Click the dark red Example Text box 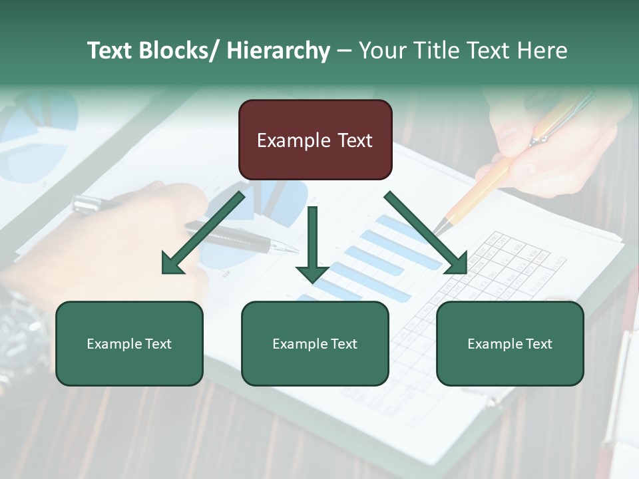pyautogui.click(x=315, y=140)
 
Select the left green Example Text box pyautogui.click(x=129, y=343)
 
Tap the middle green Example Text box pyautogui.click(x=315, y=343)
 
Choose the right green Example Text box pyautogui.click(x=510, y=343)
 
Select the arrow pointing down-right pyautogui.click(x=426, y=232)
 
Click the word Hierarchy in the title pyautogui.click(x=278, y=51)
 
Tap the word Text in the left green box pyautogui.click(x=159, y=344)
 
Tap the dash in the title pyautogui.click(x=344, y=51)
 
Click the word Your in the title pyautogui.click(x=382, y=51)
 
